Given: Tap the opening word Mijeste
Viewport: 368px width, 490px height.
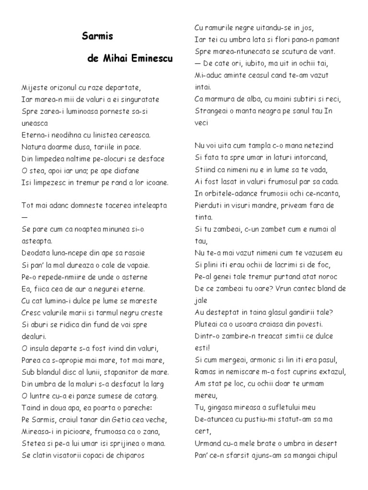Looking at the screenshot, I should (35, 88).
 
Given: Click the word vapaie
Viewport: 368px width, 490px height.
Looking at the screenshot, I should (136, 265).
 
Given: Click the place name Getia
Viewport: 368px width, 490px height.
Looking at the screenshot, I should (113, 420).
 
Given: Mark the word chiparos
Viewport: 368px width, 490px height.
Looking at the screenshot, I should (128, 455).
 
